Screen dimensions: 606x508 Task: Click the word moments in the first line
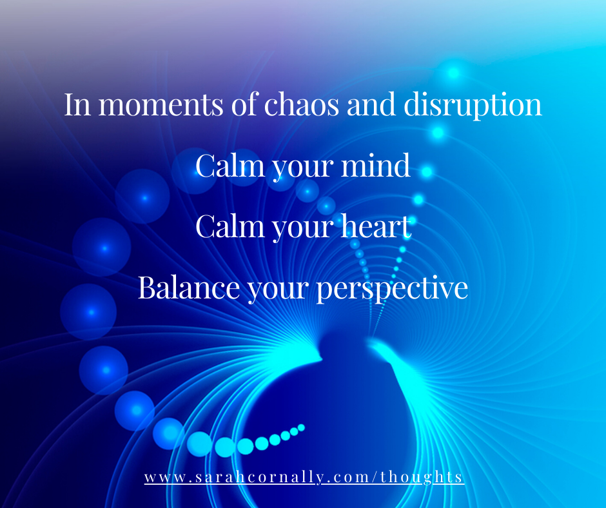[x=161, y=104]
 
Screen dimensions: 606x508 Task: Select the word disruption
[x=473, y=105]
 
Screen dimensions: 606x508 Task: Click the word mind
[x=375, y=166]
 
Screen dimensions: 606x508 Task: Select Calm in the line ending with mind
[x=230, y=166]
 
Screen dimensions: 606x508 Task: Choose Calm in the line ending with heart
[x=230, y=226]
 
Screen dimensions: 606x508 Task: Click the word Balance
[x=189, y=288]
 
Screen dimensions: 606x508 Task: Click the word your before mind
[x=303, y=168]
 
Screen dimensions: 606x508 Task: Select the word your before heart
[x=303, y=229]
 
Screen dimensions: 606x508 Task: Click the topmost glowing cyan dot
[x=454, y=72]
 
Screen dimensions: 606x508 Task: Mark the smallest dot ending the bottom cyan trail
[x=302, y=427]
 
